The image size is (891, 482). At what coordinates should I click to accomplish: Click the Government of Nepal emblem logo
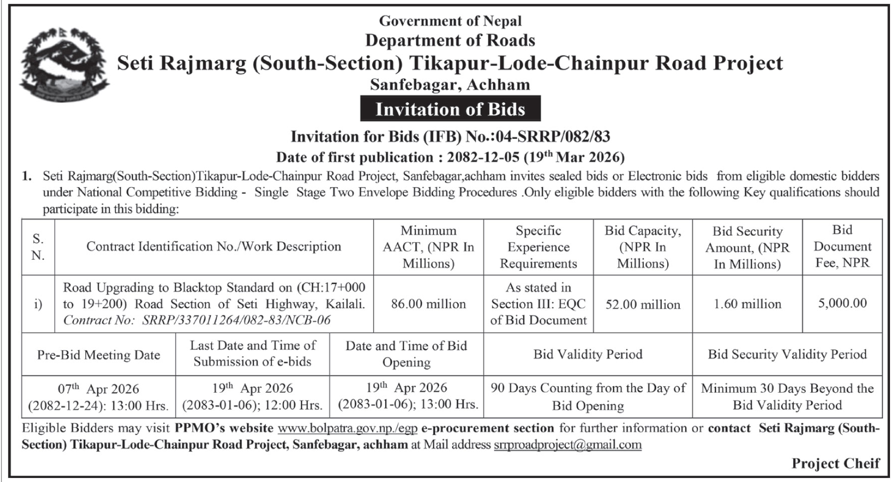pos(64,64)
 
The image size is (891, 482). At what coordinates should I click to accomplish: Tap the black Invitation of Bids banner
pos(450,109)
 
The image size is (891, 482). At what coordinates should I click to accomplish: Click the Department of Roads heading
pos(450,40)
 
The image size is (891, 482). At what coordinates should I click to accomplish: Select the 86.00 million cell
pos(428,304)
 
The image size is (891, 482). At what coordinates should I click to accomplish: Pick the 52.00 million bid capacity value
pos(643,304)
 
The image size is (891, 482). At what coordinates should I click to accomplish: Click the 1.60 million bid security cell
pos(748,304)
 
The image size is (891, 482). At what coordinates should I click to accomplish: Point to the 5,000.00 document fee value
pos(842,303)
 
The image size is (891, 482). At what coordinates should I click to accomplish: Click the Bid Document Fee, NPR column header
pos(842,246)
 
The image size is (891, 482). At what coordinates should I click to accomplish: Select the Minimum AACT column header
pos(428,247)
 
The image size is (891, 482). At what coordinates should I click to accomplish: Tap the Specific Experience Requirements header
pos(538,247)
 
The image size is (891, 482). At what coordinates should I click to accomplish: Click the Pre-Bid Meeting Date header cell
pos(98,355)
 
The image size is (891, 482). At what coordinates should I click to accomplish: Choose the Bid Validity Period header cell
pos(587,354)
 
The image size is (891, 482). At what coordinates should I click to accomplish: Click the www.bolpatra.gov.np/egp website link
pos(347,428)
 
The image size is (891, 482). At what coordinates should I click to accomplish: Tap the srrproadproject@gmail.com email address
pos(567,444)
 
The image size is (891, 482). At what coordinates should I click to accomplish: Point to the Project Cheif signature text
pos(835,463)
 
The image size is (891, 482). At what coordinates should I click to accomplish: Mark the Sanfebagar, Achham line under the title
pos(450,84)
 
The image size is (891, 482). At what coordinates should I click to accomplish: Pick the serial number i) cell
pos(38,304)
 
